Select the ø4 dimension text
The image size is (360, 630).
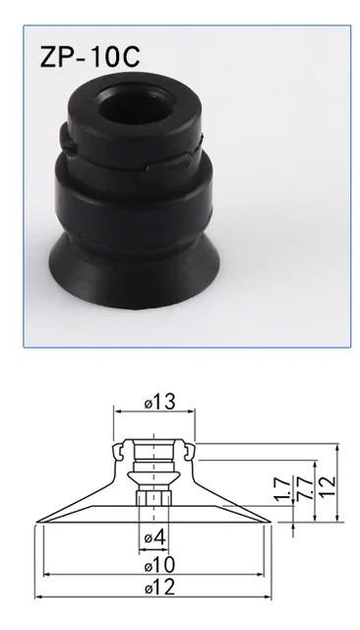pyautogui.click(x=155, y=537)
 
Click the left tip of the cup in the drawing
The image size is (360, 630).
pyautogui.click(x=37, y=521)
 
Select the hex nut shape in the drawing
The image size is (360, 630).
pyautogui.click(x=155, y=501)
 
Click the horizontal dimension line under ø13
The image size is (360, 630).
pyautogui.click(x=155, y=412)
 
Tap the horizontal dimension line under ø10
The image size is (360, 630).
pyautogui.click(x=155, y=576)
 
